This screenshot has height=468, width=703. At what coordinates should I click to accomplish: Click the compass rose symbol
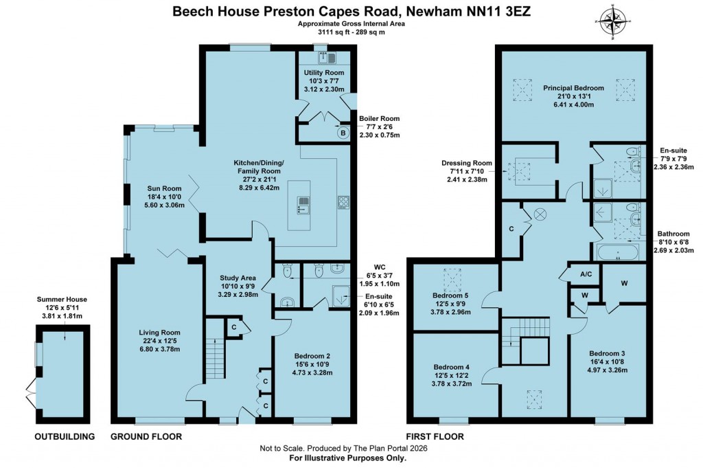616,21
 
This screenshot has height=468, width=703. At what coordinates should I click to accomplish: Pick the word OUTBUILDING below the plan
64,436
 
